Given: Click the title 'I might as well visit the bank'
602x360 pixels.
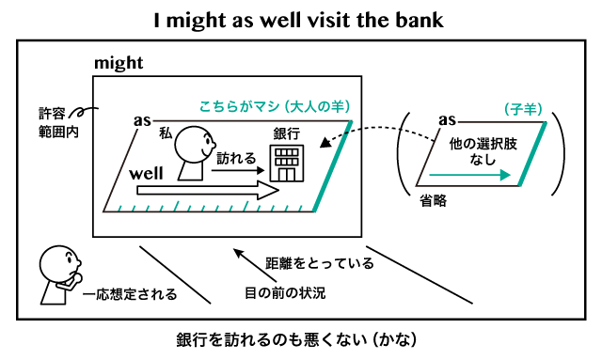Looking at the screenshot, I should coord(300,19).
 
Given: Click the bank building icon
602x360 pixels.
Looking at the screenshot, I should coord(284,164).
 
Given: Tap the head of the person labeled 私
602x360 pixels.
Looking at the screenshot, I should coord(197,144).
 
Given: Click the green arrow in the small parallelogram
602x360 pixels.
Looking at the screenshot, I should coord(470,175).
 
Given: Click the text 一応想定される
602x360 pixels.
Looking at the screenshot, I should coord(129,294).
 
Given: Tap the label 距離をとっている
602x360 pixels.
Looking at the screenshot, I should coord(320,262).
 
